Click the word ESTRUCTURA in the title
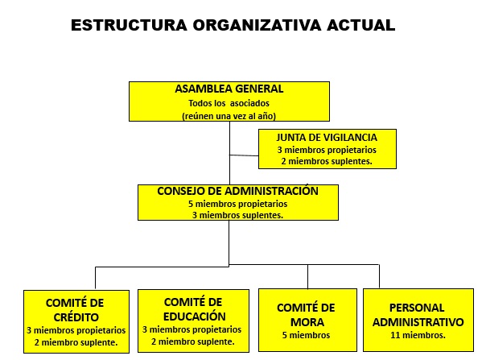(x=129, y=25)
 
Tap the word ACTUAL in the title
(x=360, y=25)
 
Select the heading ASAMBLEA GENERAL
(x=229, y=89)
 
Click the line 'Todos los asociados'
(x=229, y=103)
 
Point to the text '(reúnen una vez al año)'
(x=229, y=116)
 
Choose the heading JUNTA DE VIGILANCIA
(x=327, y=138)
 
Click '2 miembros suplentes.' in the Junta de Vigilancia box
(x=327, y=161)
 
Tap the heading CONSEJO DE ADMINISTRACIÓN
(x=237, y=191)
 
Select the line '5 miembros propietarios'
(x=238, y=204)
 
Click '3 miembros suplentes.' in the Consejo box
(x=237, y=215)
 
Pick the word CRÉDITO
(x=76, y=317)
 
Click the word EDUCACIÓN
(x=195, y=317)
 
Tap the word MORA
(x=307, y=322)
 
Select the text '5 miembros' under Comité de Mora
(x=306, y=335)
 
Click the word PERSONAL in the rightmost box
(x=417, y=308)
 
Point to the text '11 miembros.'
(x=418, y=335)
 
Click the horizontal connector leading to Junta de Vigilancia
(x=244, y=155)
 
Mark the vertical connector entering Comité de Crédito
(x=95, y=278)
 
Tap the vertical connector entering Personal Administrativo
(x=379, y=276)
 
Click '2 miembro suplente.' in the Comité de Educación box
(x=193, y=341)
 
